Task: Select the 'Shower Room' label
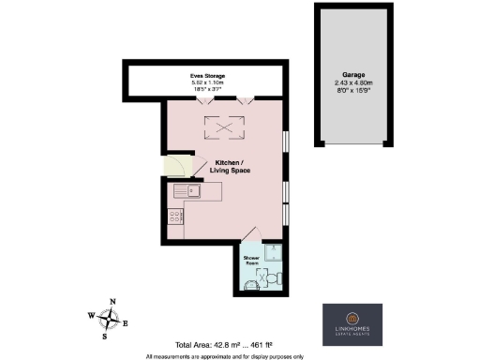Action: coord(251,260)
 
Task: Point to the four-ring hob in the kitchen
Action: coord(174,217)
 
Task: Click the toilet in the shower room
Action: coord(271,277)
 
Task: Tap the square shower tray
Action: coord(271,250)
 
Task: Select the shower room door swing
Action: coord(249,235)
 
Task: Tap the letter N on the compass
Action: coord(112,302)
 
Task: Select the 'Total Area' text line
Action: coord(228,344)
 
